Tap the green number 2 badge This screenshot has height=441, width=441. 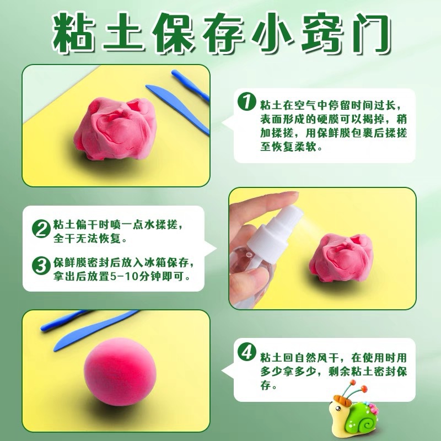[40, 228]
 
